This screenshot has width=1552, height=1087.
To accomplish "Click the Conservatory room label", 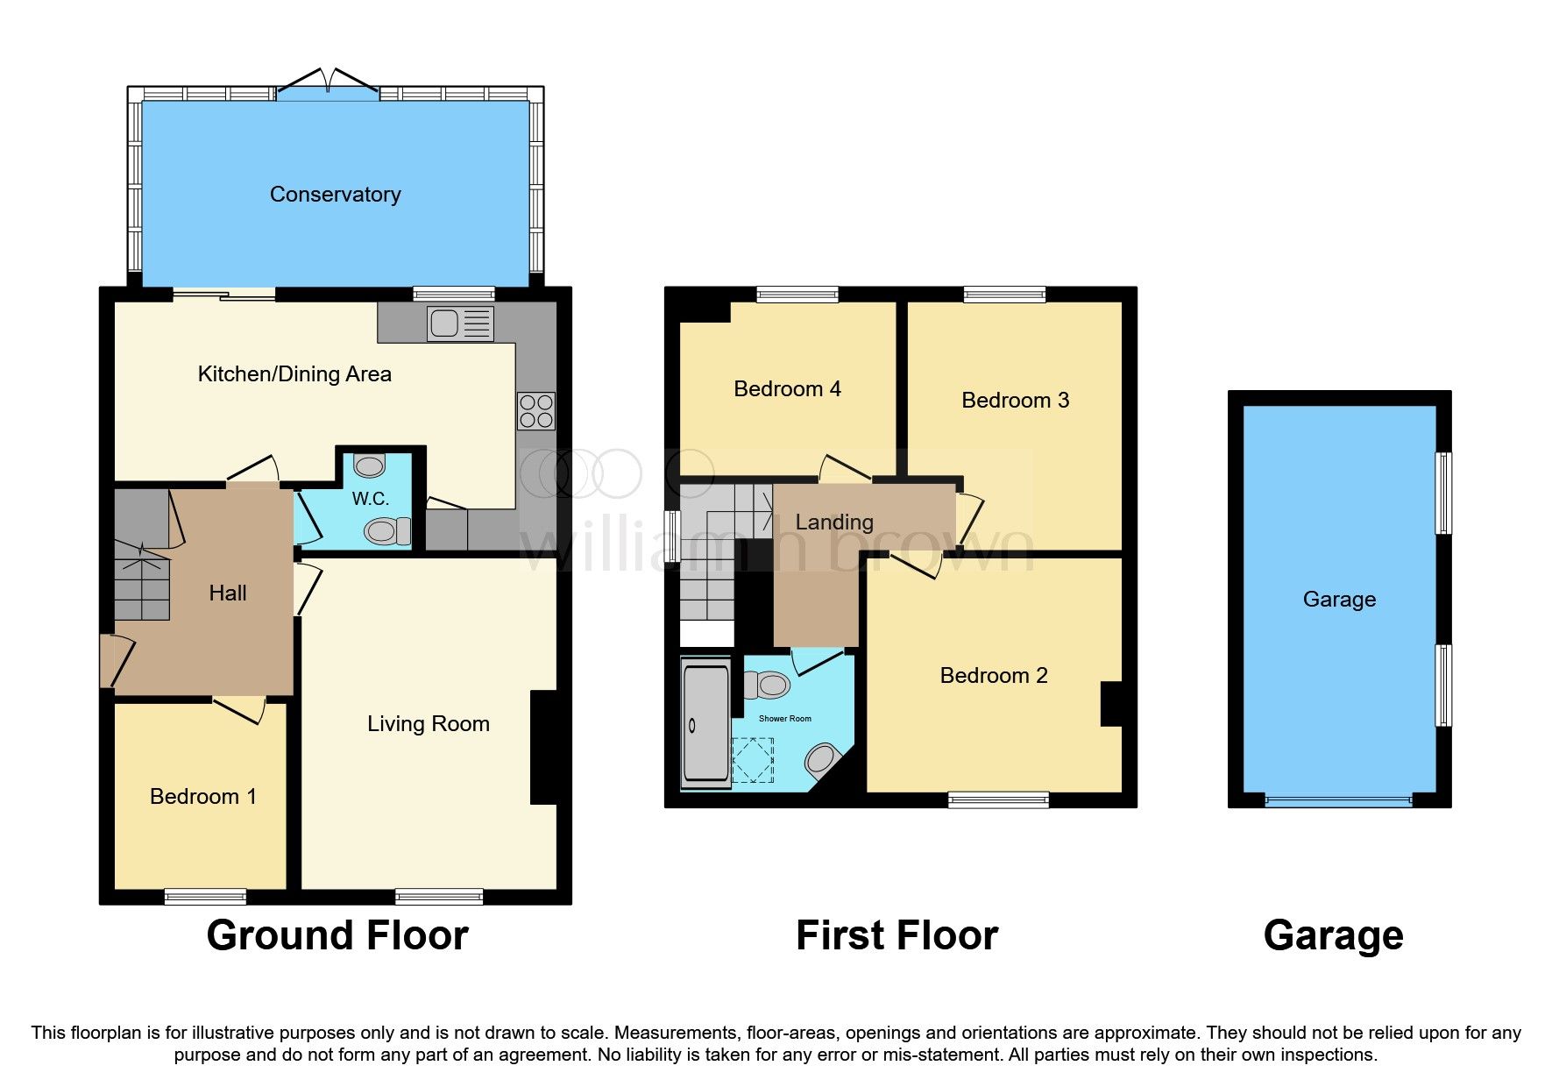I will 335,195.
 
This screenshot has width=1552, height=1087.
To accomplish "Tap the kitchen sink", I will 460,323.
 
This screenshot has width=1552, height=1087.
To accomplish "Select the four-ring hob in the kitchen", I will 536,410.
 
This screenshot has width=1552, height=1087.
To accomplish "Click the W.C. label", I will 370,500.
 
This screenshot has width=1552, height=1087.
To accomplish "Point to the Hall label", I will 228,593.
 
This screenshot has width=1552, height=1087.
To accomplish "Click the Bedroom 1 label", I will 202,797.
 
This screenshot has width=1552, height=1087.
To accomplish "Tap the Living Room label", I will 428,724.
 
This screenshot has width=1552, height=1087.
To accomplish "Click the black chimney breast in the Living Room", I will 543,747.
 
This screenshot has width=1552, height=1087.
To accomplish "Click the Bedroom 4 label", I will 787,389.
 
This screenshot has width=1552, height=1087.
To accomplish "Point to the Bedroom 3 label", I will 1015,401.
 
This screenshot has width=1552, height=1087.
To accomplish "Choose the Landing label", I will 833,522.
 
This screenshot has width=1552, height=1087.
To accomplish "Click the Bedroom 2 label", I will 993,676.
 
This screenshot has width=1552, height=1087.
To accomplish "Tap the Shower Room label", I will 784,719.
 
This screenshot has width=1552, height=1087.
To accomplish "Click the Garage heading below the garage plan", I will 1333,936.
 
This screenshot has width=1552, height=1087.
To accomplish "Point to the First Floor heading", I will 896,936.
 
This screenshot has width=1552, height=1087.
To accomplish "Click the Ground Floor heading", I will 337,936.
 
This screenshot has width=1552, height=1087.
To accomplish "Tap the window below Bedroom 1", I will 206,896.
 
